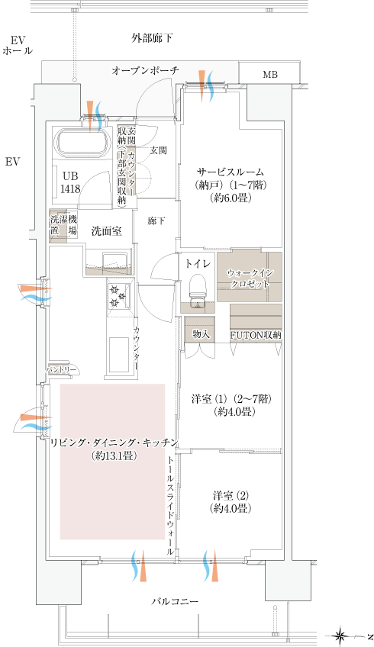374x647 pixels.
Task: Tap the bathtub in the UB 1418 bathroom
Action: pyautogui.click(x=83, y=143)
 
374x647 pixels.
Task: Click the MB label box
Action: pyautogui.click(x=270, y=75)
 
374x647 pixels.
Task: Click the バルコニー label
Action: pyautogui.click(x=174, y=602)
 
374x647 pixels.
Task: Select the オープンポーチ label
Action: pyautogui.click(x=145, y=70)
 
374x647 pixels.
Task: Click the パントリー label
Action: pyautogui.click(x=62, y=369)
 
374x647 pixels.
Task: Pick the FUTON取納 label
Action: pyautogui.click(x=256, y=335)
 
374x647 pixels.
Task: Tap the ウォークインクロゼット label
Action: pyautogui.click(x=249, y=278)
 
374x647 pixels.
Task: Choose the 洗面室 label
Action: pyautogui.click(x=107, y=231)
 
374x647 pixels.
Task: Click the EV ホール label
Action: pyautogui.click(x=18, y=45)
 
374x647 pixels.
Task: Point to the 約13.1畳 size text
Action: pyautogui.click(x=114, y=456)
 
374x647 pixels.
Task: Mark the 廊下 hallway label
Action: pyautogui.click(x=156, y=220)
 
